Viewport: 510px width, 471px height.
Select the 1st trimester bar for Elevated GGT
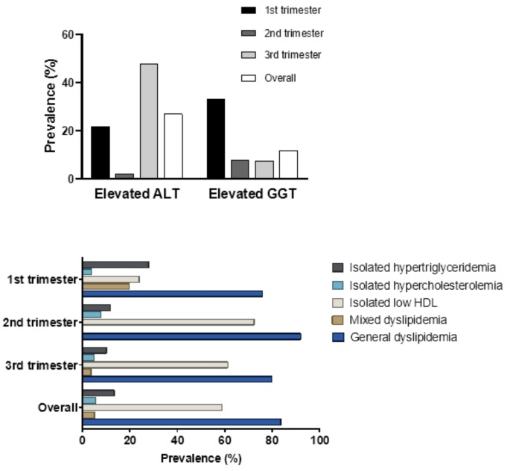click(x=216, y=139)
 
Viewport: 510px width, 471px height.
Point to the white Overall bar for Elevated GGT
click(x=289, y=165)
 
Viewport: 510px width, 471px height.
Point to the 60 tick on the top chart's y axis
click(x=66, y=34)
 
